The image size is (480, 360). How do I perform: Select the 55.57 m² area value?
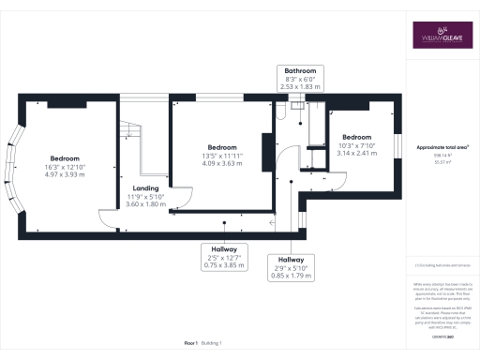pyautogui.click(x=442, y=162)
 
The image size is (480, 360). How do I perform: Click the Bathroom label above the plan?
pyautogui.click(x=300, y=71)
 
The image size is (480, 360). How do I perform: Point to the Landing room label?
pyautogui.click(x=145, y=188)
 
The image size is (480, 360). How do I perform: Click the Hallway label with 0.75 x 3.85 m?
pyautogui.click(x=223, y=248)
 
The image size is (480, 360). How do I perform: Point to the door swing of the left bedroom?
pyautogui.click(x=112, y=220)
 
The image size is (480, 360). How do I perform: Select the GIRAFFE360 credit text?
pyautogui.click(x=442, y=335)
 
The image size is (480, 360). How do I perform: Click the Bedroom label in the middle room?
pyautogui.click(x=221, y=147)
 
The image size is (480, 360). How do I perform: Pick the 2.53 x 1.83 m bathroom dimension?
pyautogui.click(x=300, y=86)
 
